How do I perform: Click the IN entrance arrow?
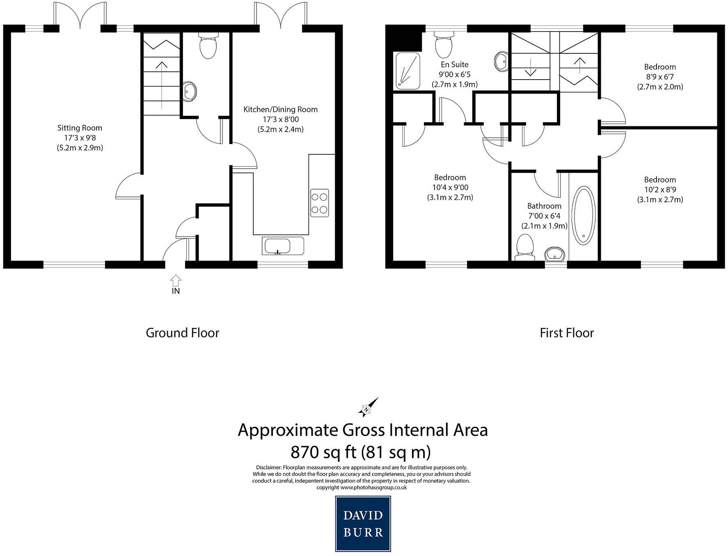[x=176, y=281]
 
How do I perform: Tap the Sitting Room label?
[x=80, y=128]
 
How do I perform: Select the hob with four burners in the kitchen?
[x=320, y=203]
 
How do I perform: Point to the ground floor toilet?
[x=208, y=46]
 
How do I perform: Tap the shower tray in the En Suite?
[x=407, y=71]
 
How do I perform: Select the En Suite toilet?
[x=444, y=45]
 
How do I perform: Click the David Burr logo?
[x=363, y=524]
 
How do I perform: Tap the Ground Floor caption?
[x=183, y=333]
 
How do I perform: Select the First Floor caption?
[x=566, y=333]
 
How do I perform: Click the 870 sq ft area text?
[x=360, y=452]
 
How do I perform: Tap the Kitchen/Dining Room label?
[x=280, y=110]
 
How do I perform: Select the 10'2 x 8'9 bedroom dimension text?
[x=659, y=190]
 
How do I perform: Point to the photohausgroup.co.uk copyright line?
[x=362, y=487]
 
